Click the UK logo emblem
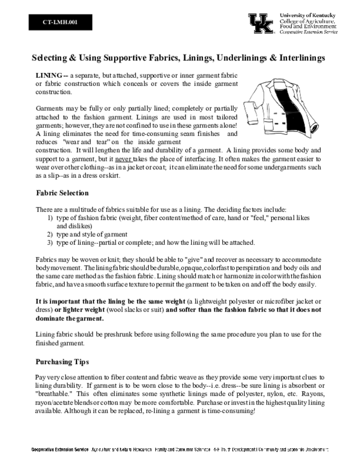pyautogui.click(x=261, y=23)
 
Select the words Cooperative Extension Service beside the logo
pyautogui.click(x=308, y=32)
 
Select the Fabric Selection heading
pyautogui.click(x=62, y=193)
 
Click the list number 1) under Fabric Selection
pyautogui.click(x=51, y=218)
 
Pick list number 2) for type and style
pyautogui.click(x=51, y=234)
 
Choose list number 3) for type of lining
pyautogui.click(x=51, y=242)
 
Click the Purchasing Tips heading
pyautogui.click(x=62, y=362)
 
